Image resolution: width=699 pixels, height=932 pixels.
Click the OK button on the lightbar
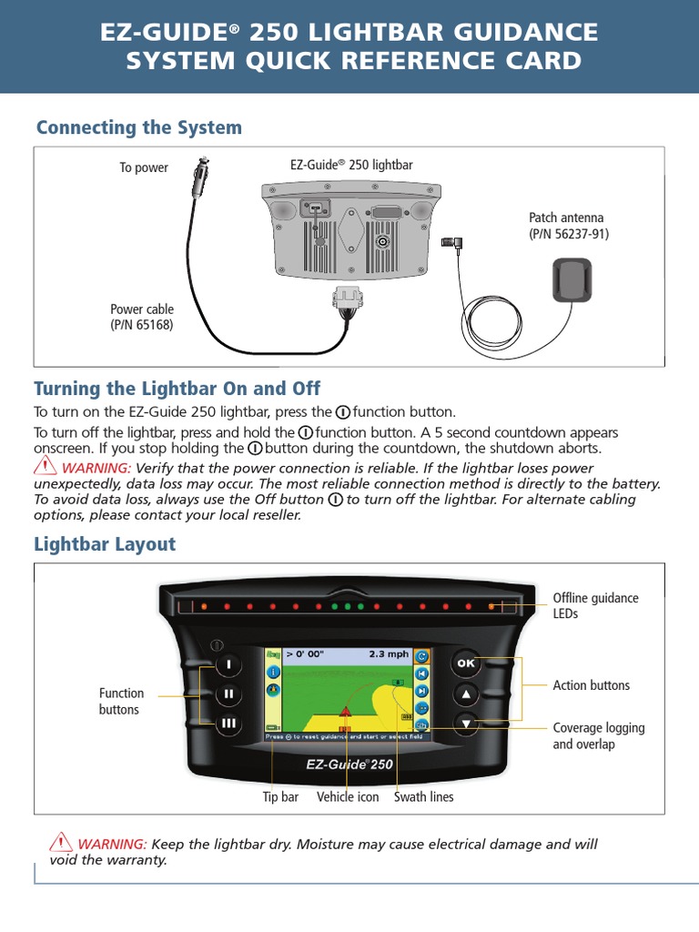465,664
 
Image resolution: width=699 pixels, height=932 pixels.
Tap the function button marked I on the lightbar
228,664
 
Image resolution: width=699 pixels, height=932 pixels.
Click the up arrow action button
465,694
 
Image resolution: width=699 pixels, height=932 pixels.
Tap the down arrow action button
465,724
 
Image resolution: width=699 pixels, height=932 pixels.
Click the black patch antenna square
572,279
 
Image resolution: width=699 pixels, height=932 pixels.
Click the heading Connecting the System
138,127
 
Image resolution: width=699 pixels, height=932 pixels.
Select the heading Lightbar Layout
105,544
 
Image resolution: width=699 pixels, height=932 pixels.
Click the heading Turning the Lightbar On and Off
177,389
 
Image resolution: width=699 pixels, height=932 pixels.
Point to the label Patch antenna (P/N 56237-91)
569,226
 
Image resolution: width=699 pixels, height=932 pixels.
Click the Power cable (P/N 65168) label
142,317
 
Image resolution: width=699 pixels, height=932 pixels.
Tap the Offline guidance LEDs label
595,605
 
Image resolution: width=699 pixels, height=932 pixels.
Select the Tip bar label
280,796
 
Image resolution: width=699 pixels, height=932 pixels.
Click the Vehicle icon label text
348,796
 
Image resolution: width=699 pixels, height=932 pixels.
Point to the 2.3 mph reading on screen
388,653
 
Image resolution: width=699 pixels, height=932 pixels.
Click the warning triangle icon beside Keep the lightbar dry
61,843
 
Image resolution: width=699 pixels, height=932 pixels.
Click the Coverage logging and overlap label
598,735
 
